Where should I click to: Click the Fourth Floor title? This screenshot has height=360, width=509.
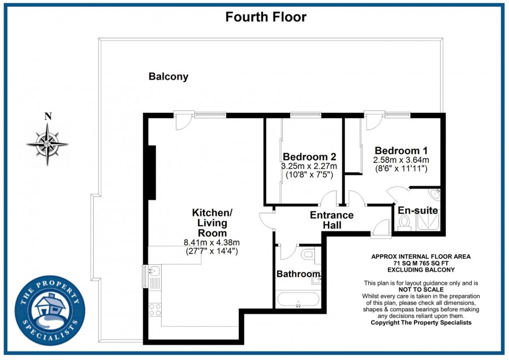(266, 17)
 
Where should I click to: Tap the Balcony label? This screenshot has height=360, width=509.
(169, 76)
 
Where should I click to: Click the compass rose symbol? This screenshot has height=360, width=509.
(48, 143)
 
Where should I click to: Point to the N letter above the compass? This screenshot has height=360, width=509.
(48, 117)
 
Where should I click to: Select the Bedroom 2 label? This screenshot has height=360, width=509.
(309, 157)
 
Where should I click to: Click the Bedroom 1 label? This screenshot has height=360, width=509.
(401, 151)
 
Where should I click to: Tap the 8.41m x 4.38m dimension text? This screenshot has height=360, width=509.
(212, 243)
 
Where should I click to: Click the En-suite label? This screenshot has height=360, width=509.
(419, 211)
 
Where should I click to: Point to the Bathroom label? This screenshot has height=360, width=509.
(298, 274)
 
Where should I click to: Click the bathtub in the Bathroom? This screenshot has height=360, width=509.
(297, 298)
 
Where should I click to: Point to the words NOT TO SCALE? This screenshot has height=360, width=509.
(420, 289)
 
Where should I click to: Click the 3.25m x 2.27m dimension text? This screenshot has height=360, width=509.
(309, 166)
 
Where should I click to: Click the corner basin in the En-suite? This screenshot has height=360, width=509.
(434, 194)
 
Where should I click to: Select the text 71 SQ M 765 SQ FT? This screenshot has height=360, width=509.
(420, 263)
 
